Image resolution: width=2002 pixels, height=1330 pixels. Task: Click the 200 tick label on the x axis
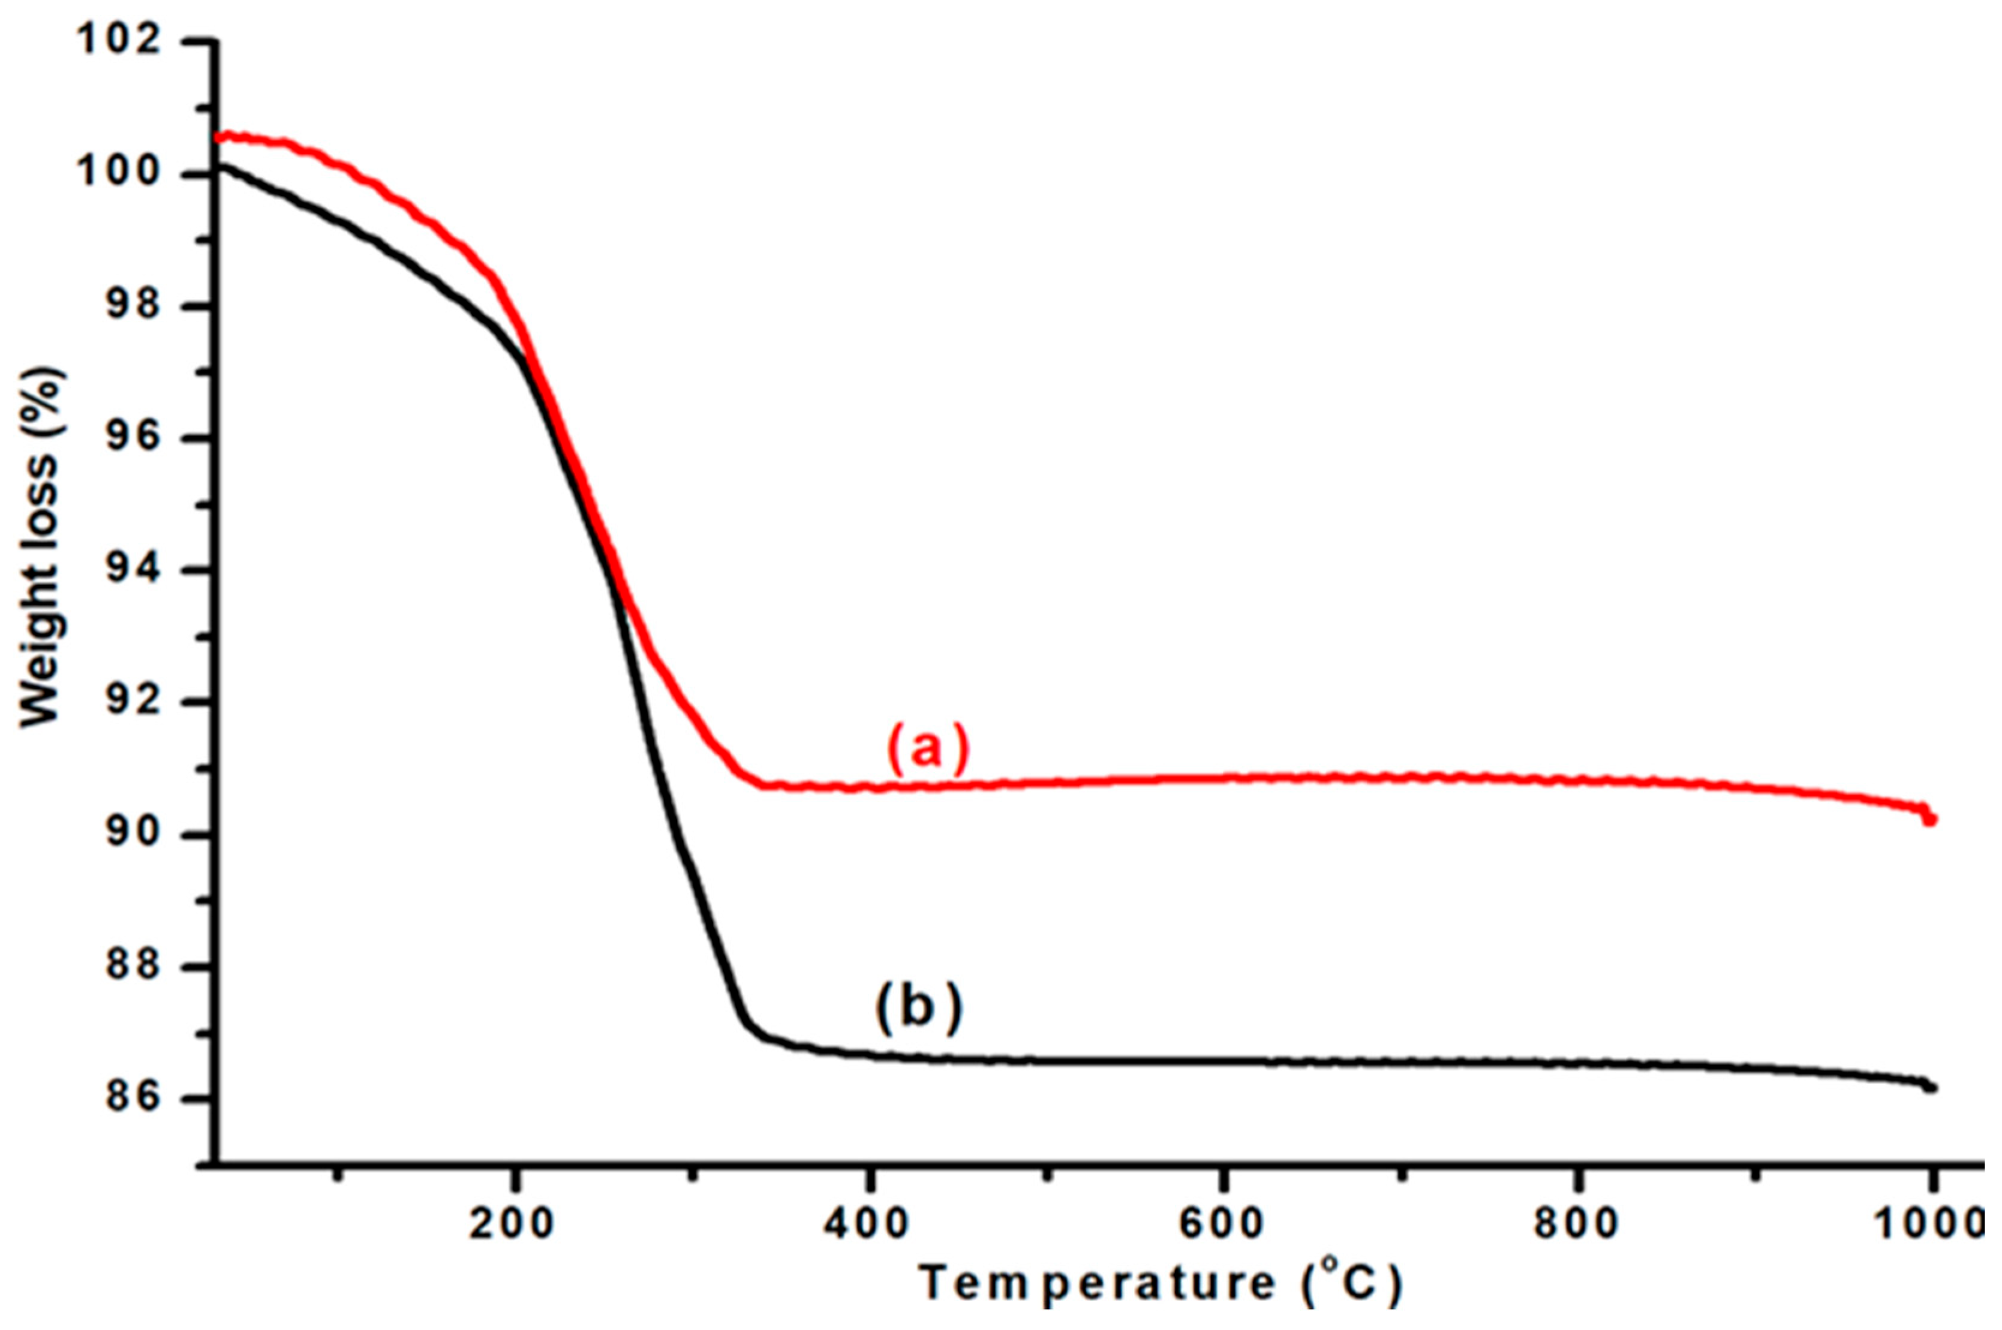[x=512, y=1226]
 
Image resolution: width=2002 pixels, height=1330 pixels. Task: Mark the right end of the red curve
[x=1932, y=819]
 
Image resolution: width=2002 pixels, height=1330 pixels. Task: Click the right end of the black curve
[x=1932, y=1087]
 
